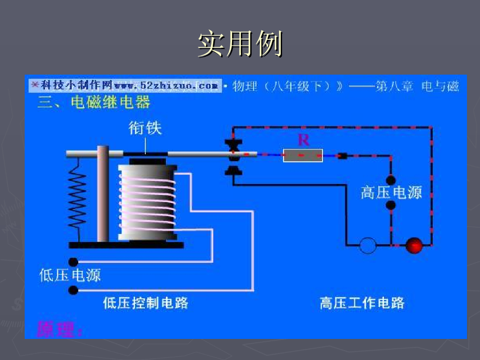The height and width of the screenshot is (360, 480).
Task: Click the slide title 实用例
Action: pos(240,44)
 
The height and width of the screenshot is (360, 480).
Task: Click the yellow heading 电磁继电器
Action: pos(110,102)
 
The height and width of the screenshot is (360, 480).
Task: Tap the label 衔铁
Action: pos(145,128)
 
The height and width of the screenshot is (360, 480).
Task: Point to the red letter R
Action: pos(303,139)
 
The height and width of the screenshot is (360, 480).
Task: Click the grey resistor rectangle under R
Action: pos(303,155)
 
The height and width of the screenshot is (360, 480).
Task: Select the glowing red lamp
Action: pos(413,245)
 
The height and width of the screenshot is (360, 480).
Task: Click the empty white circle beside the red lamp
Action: pos(368,245)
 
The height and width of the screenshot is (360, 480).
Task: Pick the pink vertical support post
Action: pos(103,195)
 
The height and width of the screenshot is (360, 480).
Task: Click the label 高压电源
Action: pos(391,192)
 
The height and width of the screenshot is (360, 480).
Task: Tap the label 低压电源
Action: pos(70,275)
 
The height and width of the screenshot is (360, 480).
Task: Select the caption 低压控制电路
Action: pos(145,303)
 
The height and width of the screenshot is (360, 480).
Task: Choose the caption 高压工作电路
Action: pos(361,303)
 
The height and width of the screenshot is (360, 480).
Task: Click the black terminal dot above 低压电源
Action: pos(73,262)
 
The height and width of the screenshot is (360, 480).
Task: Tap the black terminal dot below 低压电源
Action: pos(73,290)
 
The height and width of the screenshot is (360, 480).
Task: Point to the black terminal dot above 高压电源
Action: pos(390,180)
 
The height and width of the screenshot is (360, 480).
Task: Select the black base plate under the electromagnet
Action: pos(126,245)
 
